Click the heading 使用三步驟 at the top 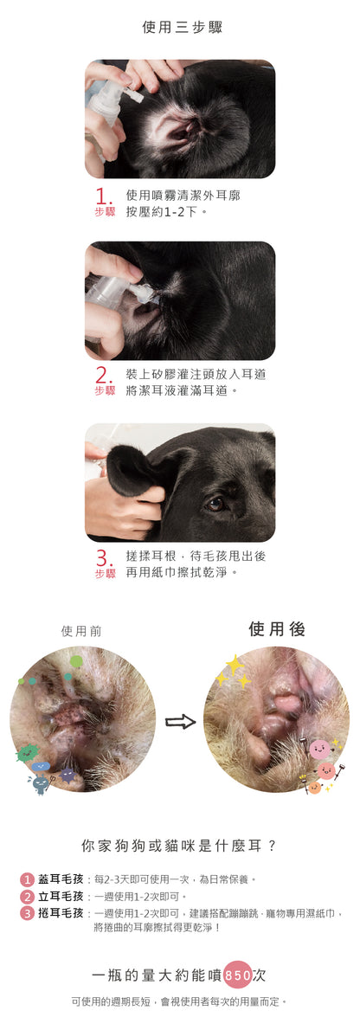click(x=182, y=27)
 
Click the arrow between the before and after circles click(x=180, y=721)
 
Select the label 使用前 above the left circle click(x=81, y=631)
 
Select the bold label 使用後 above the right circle click(x=277, y=628)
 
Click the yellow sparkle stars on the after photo click(x=234, y=672)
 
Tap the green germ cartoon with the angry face click(x=27, y=753)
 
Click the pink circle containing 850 click(x=238, y=975)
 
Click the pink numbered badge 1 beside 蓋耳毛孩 click(x=27, y=879)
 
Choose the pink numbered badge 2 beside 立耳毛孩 click(x=27, y=897)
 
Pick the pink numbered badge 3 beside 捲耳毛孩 click(x=27, y=913)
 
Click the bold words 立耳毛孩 click(x=61, y=896)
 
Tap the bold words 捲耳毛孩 click(x=61, y=913)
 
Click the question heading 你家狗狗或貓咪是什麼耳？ click(x=179, y=847)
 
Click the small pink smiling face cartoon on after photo click(x=320, y=750)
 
